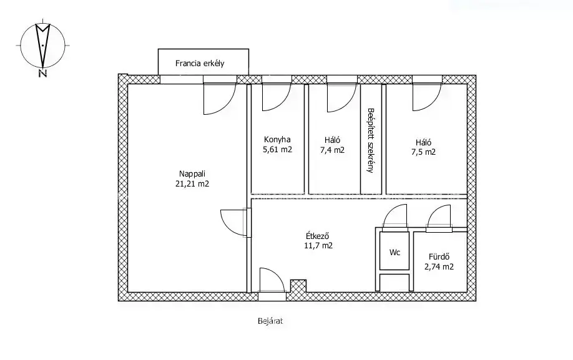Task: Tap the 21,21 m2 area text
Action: click(192, 183)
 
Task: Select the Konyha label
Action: click(277, 140)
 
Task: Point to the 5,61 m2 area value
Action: click(277, 149)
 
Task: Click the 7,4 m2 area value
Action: click(332, 150)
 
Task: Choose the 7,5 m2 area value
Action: click(423, 152)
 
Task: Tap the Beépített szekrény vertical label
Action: click(371, 140)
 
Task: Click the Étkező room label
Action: click(318, 236)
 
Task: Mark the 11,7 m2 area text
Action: click(318, 246)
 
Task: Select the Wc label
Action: click(394, 252)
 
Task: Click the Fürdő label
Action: click(439, 257)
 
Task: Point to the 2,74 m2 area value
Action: click(439, 267)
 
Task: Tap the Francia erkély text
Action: click(200, 63)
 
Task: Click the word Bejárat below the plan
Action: click(270, 321)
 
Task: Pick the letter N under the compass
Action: click(42, 74)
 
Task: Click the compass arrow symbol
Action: click(42, 44)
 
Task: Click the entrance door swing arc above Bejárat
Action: click(279, 275)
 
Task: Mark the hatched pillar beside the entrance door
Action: click(298, 286)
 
